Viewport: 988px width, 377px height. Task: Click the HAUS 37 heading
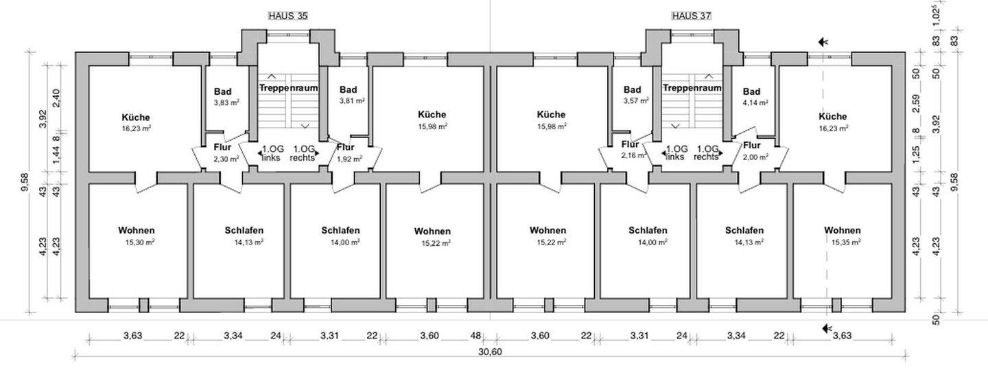(x=691, y=15)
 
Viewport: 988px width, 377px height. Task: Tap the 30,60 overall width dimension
(x=489, y=352)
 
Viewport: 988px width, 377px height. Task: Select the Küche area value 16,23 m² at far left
(x=135, y=128)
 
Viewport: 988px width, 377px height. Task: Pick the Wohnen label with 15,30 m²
(x=136, y=230)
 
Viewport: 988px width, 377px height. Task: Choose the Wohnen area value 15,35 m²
(x=843, y=241)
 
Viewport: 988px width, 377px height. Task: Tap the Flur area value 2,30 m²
(x=226, y=159)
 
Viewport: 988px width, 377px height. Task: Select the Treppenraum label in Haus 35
(x=287, y=89)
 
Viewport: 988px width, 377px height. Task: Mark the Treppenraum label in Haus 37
(x=692, y=88)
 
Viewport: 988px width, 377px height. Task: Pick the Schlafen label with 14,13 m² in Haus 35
(x=244, y=230)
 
